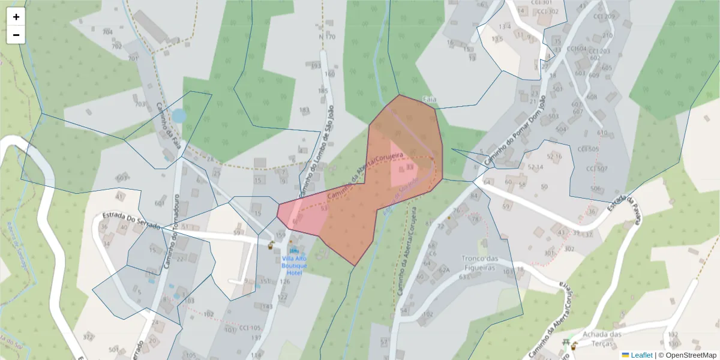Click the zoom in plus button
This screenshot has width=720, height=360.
[x=16, y=17]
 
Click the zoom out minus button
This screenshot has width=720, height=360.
[x=16, y=35]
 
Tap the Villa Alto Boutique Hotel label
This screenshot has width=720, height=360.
[x=294, y=265]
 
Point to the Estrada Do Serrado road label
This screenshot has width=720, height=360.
[x=131, y=221]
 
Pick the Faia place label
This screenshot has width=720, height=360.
[x=428, y=98]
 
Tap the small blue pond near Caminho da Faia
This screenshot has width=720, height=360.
[x=179, y=116]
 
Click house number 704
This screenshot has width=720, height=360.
[x=107, y=32]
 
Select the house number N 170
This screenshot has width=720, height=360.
[x=328, y=37]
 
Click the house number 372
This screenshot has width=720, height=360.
[x=88, y=337]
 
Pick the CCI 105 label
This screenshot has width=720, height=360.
[x=250, y=328]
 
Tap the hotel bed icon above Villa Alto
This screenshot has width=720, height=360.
[x=293, y=250]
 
